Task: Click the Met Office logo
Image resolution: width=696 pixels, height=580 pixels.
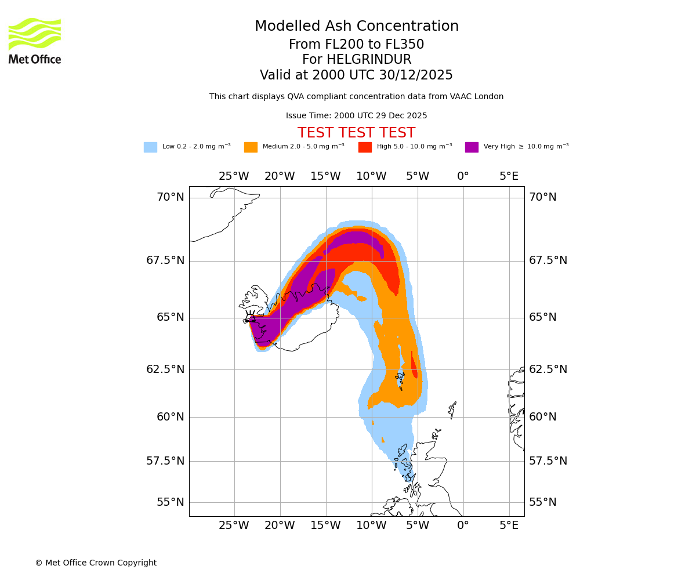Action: coord(35,41)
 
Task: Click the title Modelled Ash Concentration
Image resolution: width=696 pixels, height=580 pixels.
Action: coord(356,27)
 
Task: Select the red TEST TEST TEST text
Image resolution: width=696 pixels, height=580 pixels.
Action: coord(356,133)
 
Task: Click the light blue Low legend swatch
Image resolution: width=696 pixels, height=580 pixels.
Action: coord(150,147)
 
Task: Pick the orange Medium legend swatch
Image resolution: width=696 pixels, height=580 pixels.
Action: coord(251,147)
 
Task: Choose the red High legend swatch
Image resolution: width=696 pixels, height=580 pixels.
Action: coord(365,147)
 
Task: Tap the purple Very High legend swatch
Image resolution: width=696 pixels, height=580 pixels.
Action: coord(472,147)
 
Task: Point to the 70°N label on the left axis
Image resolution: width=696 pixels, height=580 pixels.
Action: coord(171,197)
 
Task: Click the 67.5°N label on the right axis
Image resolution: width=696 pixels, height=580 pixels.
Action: coord(548,260)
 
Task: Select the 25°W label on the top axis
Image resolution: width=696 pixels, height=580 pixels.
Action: coord(234,176)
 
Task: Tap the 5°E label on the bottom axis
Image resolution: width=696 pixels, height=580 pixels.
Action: coord(509,525)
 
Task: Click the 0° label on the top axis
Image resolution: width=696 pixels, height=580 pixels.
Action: coord(463,176)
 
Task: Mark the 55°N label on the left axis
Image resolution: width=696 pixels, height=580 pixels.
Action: coord(171,502)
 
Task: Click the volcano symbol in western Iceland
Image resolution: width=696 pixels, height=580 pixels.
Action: coord(251,317)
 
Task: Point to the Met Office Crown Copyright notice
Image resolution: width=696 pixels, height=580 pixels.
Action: coord(96,563)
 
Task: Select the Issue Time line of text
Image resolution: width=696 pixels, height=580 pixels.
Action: coord(356,116)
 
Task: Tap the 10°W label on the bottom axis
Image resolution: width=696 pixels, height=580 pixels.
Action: coord(371,525)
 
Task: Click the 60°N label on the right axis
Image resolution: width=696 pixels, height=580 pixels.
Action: coord(542,417)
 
